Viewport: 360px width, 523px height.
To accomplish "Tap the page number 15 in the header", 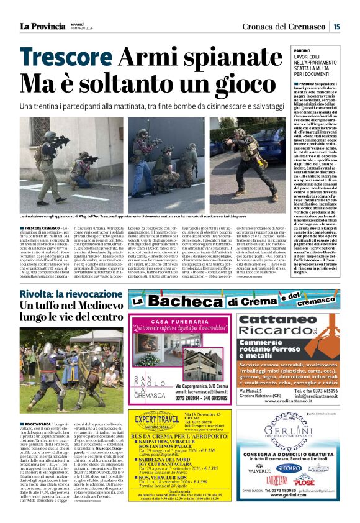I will tap(336, 26).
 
